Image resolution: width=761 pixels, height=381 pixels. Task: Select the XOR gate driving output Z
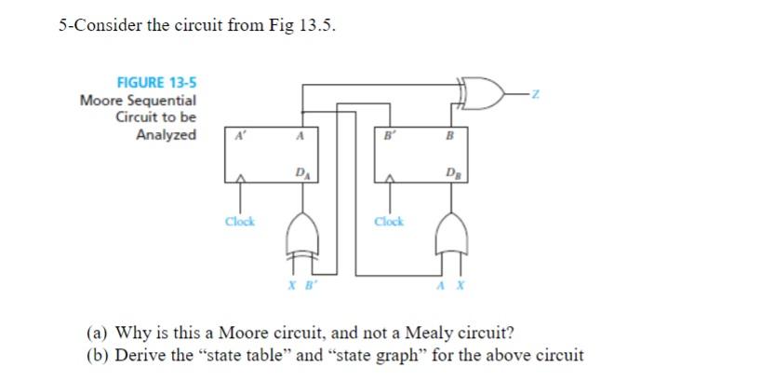tap(486, 92)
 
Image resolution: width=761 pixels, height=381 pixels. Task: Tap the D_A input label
tap(300, 172)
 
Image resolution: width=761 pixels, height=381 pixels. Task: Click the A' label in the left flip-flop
tap(240, 134)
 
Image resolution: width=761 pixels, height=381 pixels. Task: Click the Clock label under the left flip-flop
tap(240, 222)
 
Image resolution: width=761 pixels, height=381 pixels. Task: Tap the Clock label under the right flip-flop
tap(389, 222)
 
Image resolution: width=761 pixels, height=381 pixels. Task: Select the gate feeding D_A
tap(300, 231)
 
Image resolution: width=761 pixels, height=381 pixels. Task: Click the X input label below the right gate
tap(459, 284)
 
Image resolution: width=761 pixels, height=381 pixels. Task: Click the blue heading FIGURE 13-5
tap(155, 82)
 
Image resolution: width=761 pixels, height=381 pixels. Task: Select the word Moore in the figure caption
tap(100, 100)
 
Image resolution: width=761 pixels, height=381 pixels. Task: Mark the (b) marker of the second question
tap(97, 355)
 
